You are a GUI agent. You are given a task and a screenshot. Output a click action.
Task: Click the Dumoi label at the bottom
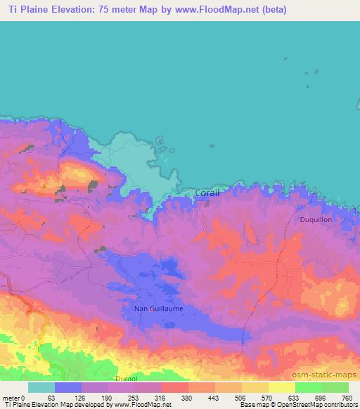pos(126,378)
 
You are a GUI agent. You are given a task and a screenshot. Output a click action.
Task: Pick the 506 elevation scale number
pos(241,397)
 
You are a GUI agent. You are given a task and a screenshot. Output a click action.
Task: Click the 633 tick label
pos(295,397)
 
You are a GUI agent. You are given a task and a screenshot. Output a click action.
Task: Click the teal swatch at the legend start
pos(41,387)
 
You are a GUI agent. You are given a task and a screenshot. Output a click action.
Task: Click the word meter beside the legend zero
pos(11,397)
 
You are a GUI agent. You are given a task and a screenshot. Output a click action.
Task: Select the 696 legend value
pos(321,397)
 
